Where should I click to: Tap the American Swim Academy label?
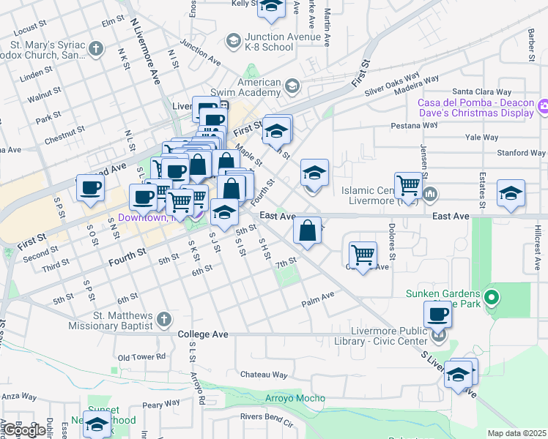click(x=259, y=88)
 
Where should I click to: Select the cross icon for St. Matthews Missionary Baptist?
click(x=164, y=319)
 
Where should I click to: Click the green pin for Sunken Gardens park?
click(x=492, y=299)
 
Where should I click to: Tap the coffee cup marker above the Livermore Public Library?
click(x=437, y=315)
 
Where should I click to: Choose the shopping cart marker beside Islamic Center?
click(x=408, y=185)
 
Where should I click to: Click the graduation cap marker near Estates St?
click(x=511, y=193)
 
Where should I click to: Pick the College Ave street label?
click(x=204, y=334)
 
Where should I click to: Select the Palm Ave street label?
click(x=318, y=296)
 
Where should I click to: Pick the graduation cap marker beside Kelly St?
click(x=271, y=7)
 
